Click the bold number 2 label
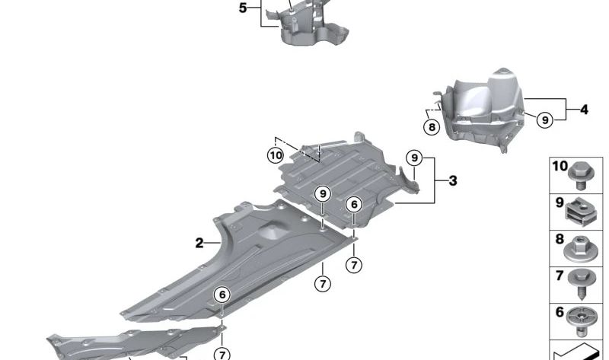(199, 243)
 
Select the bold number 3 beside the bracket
(453, 181)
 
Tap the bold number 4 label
(584, 110)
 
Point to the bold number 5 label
(243, 8)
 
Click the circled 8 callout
(432, 127)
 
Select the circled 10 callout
(276, 156)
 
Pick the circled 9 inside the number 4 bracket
(545, 120)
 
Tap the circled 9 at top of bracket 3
(414, 158)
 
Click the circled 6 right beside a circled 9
(354, 204)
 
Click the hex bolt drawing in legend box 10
(581, 176)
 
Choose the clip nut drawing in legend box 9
(581, 212)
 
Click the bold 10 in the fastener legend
(560, 166)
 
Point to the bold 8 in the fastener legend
(560, 239)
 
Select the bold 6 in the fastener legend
(560, 311)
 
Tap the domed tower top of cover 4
(502, 73)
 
